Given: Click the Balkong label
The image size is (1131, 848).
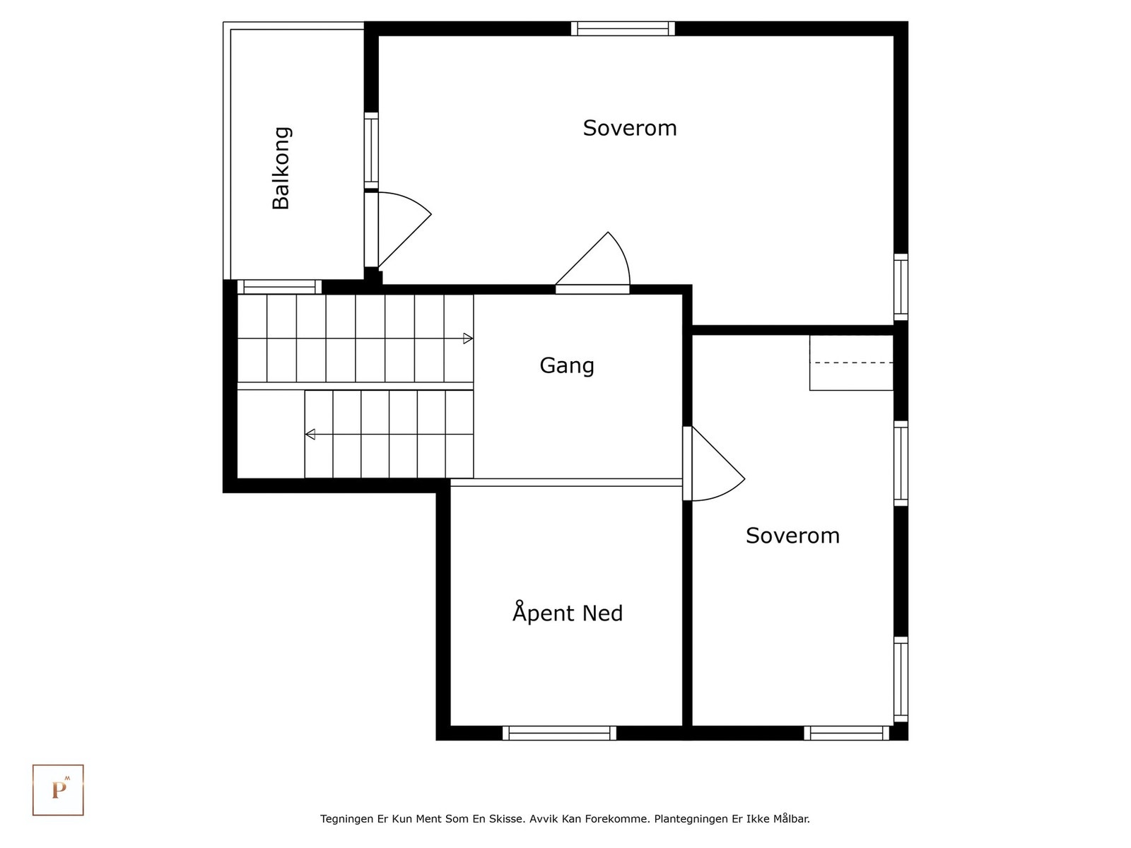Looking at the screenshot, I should [281, 168].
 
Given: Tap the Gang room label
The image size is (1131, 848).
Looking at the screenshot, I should [567, 365].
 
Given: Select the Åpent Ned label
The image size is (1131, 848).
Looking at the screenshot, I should [568, 613].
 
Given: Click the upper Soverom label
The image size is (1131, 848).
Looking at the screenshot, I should [629, 128].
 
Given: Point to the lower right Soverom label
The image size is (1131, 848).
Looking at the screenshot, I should [792, 536].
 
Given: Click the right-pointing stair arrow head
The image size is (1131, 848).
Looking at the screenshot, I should [468, 338].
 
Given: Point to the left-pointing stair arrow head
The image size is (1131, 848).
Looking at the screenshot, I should [310, 434].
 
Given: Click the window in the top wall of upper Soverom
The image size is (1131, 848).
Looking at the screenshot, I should [623, 28].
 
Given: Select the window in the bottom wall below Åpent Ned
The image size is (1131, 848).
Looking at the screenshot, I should [559, 733].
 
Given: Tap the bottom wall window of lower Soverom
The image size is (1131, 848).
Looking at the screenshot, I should [846, 733].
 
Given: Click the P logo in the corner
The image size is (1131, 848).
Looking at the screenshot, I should [58, 790].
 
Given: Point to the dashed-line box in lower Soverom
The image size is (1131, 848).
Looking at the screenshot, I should [851, 363].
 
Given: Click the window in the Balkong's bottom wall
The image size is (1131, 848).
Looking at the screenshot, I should [279, 287].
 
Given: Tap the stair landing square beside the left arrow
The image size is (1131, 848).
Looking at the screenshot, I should [271, 434].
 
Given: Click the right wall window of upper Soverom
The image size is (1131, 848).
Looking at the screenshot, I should [901, 287].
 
